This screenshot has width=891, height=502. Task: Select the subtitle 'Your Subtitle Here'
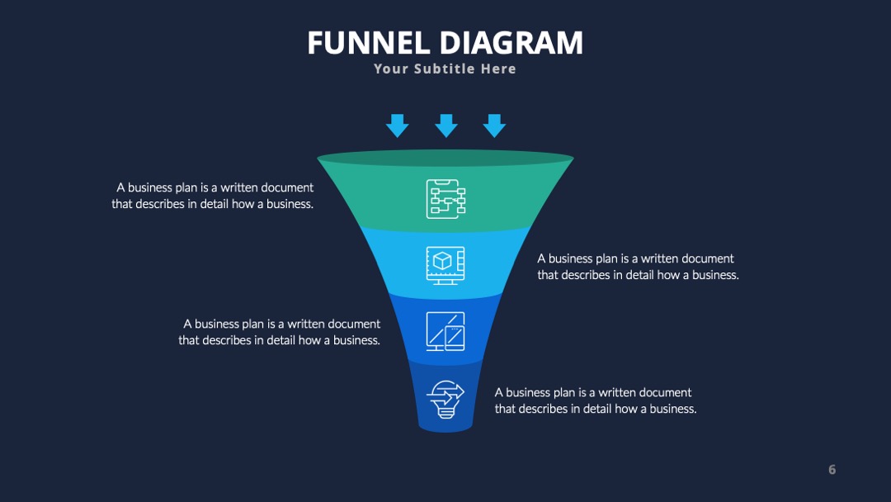(445, 69)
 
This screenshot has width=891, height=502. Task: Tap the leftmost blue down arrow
(397, 125)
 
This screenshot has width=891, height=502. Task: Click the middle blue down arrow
(446, 125)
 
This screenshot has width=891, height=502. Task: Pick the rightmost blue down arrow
(494, 125)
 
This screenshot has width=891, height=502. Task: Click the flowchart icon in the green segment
(446, 199)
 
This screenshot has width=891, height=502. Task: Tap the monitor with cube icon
(445, 266)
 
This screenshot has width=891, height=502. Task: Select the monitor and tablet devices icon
(445, 331)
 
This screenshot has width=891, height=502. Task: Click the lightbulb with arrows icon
(445, 399)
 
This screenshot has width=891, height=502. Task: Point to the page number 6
(832, 470)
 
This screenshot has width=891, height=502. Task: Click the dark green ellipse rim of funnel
(445, 158)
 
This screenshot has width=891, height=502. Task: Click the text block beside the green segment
(213, 196)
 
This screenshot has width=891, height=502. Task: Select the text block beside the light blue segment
(638, 267)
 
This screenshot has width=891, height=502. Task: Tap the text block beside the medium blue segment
(280, 332)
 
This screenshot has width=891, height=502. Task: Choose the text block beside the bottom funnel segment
(596, 400)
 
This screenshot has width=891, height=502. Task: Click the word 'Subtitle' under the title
(445, 69)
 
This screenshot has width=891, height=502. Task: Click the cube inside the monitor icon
(442, 261)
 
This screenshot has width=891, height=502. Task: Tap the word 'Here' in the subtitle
(498, 69)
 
